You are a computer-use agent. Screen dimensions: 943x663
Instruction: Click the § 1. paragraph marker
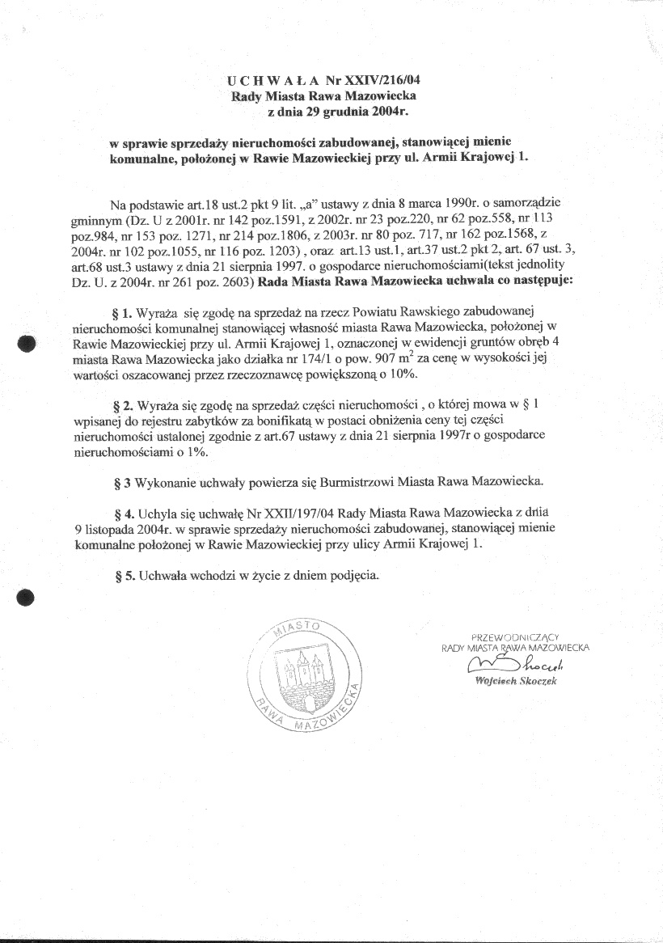tap(131, 311)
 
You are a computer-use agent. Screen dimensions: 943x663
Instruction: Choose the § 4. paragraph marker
tap(131, 514)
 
